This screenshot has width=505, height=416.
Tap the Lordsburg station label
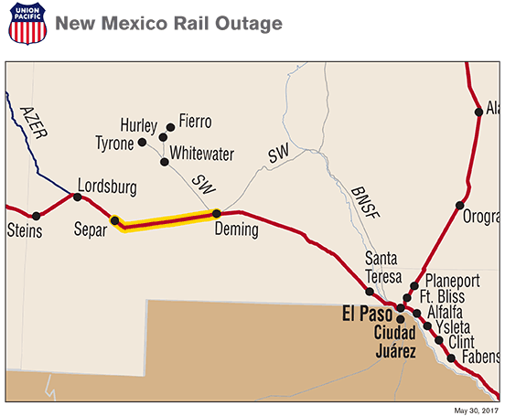(107, 187)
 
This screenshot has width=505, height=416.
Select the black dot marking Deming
(217, 214)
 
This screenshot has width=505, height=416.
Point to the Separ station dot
(114, 219)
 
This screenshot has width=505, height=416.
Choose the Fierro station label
(195, 122)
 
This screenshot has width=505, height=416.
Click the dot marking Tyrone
(142, 144)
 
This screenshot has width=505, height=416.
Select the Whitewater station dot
(165, 162)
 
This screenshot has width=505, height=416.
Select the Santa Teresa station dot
(370, 292)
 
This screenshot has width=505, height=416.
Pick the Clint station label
(462, 340)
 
